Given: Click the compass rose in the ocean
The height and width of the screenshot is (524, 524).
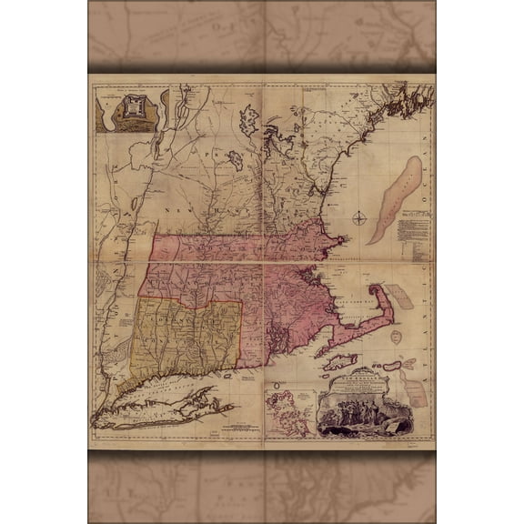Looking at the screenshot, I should coord(361,217).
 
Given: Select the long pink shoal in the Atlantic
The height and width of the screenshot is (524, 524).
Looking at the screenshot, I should coord(394,200).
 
